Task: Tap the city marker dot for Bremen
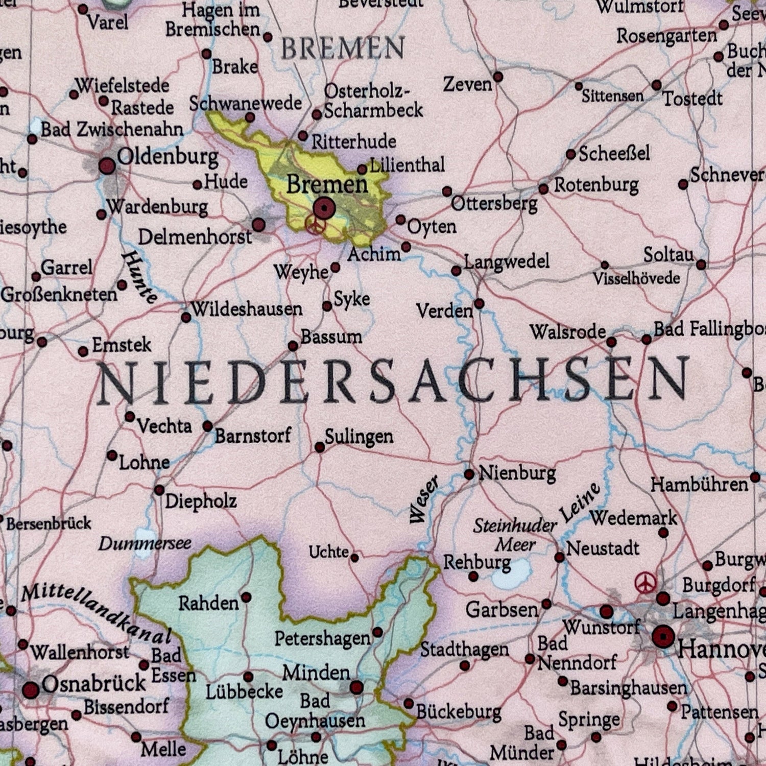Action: (324, 208)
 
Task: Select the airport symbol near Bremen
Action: (315, 225)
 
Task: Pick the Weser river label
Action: (423, 499)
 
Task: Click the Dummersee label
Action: (145, 543)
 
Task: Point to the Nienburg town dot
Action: (469, 474)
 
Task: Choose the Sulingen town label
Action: (359, 437)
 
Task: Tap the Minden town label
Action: (316, 673)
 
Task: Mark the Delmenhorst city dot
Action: (259, 224)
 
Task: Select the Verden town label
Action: (444, 310)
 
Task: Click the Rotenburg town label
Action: (596, 185)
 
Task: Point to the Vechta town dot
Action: (130, 417)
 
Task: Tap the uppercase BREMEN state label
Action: (343, 49)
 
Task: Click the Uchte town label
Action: (329, 552)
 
